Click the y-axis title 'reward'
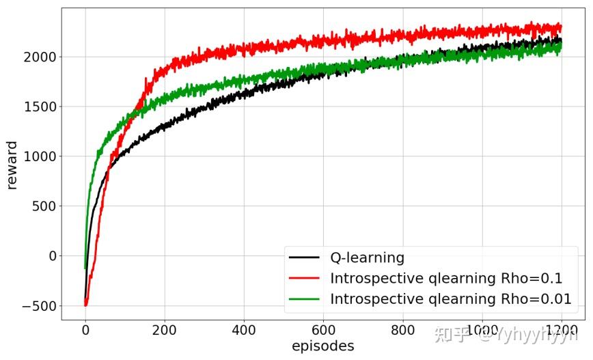(x=12, y=165)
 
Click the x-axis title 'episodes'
(x=322, y=346)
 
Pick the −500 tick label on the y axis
(x=39, y=306)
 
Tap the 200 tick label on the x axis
(x=165, y=329)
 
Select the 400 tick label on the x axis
(x=244, y=329)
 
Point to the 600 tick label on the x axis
(x=323, y=329)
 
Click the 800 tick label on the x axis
(x=402, y=329)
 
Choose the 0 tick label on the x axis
(x=85, y=329)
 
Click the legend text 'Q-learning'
(x=367, y=258)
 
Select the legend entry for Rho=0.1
(x=445, y=279)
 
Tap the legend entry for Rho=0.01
(x=450, y=299)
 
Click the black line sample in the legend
(x=304, y=258)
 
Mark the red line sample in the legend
(x=304, y=279)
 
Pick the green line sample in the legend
(x=304, y=299)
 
